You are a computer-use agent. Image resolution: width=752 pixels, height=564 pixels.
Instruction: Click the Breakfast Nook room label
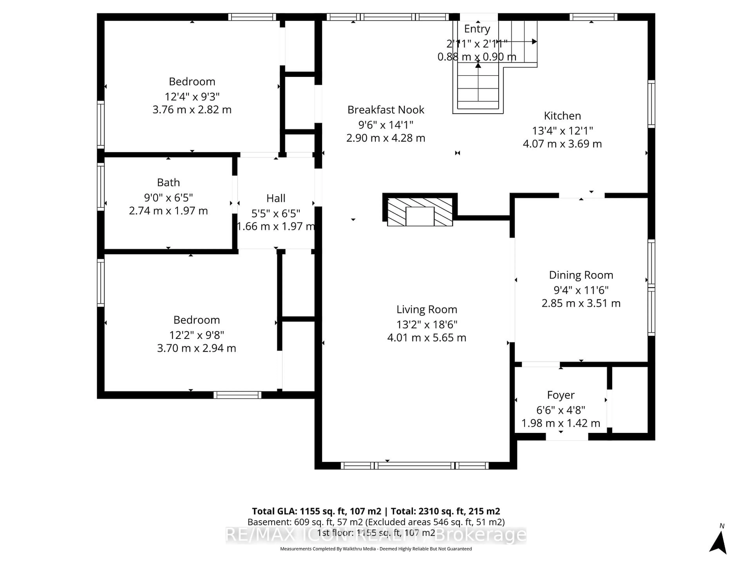pyautogui.click(x=386, y=110)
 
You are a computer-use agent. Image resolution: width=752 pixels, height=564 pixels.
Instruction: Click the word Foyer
pyautogui.click(x=561, y=395)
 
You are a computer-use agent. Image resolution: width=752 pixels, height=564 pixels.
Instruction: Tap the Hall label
pyautogui.click(x=276, y=198)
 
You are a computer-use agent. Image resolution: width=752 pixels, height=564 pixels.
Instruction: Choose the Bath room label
pyautogui.click(x=168, y=183)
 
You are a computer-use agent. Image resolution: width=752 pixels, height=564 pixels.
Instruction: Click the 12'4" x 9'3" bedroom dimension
pyautogui.click(x=192, y=97)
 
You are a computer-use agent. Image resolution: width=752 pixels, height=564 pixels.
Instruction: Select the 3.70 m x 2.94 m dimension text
pyautogui.click(x=196, y=348)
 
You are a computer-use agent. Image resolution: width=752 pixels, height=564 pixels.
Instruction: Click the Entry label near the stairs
pyautogui.click(x=477, y=29)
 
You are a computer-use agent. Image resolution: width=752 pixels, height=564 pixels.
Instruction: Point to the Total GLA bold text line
pyautogui.click(x=376, y=511)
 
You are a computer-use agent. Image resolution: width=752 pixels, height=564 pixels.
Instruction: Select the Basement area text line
pyautogui.click(x=376, y=522)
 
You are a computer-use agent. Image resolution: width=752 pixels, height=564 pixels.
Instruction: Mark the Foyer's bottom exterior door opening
pyautogui.click(x=567, y=437)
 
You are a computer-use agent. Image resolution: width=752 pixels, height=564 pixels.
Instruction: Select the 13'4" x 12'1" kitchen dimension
pyautogui.click(x=562, y=131)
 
